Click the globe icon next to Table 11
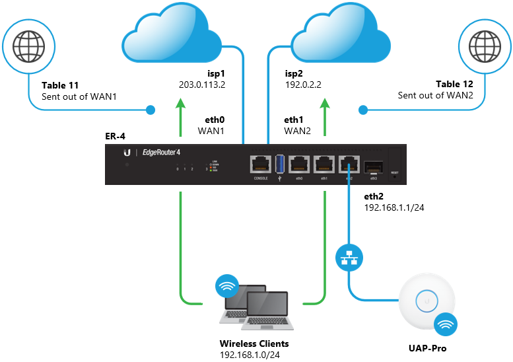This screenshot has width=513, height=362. pyautogui.click(x=24, y=48)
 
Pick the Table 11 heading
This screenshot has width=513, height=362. pyautogui.click(x=61, y=85)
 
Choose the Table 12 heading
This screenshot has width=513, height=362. pyautogui.click(x=454, y=85)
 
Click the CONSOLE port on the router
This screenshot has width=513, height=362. pyautogui.click(x=260, y=165)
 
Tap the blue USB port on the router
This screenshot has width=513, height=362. pyautogui.click(x=280, y=165)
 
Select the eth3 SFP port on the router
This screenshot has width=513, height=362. pyautogui.click(x=373, y=165)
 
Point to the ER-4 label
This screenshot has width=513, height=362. pyautogui.click(x=115, y=136)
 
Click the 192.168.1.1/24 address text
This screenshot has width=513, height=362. pyautogui.click(x=393, y=207)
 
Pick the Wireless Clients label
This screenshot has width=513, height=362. pyautogui.click(x=254, y=344)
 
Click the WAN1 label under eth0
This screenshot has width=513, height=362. pyautogui.click(x=212, y=131)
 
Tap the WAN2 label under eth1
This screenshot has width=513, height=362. pyautogui.click(x=297, y=131)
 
